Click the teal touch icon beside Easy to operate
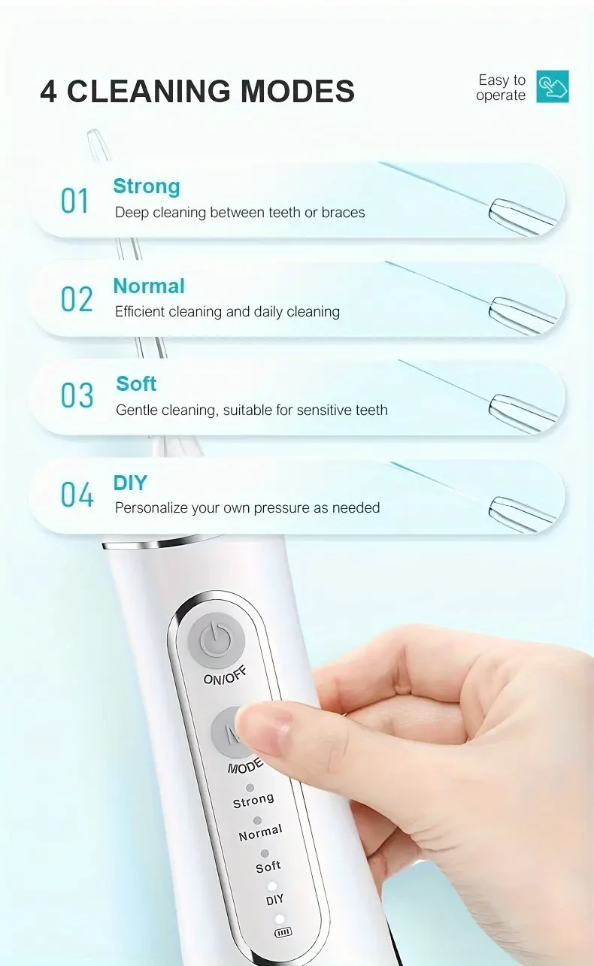tap(553, 86)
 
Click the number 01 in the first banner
tap(75, 201)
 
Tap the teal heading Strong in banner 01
tap(147, 186)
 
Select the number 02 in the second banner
tap(77, 299)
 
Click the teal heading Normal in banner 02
tap(149, 286)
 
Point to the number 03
tap(77, 396)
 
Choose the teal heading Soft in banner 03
tap(136, 383)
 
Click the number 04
tap(77, 495)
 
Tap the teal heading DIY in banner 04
tap(130, 483)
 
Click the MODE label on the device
tap(245, 766)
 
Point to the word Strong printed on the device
tap(253, 801)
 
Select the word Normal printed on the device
tap(260, 833)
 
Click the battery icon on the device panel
tap(283, 932)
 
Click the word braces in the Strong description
tap(343, 213)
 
